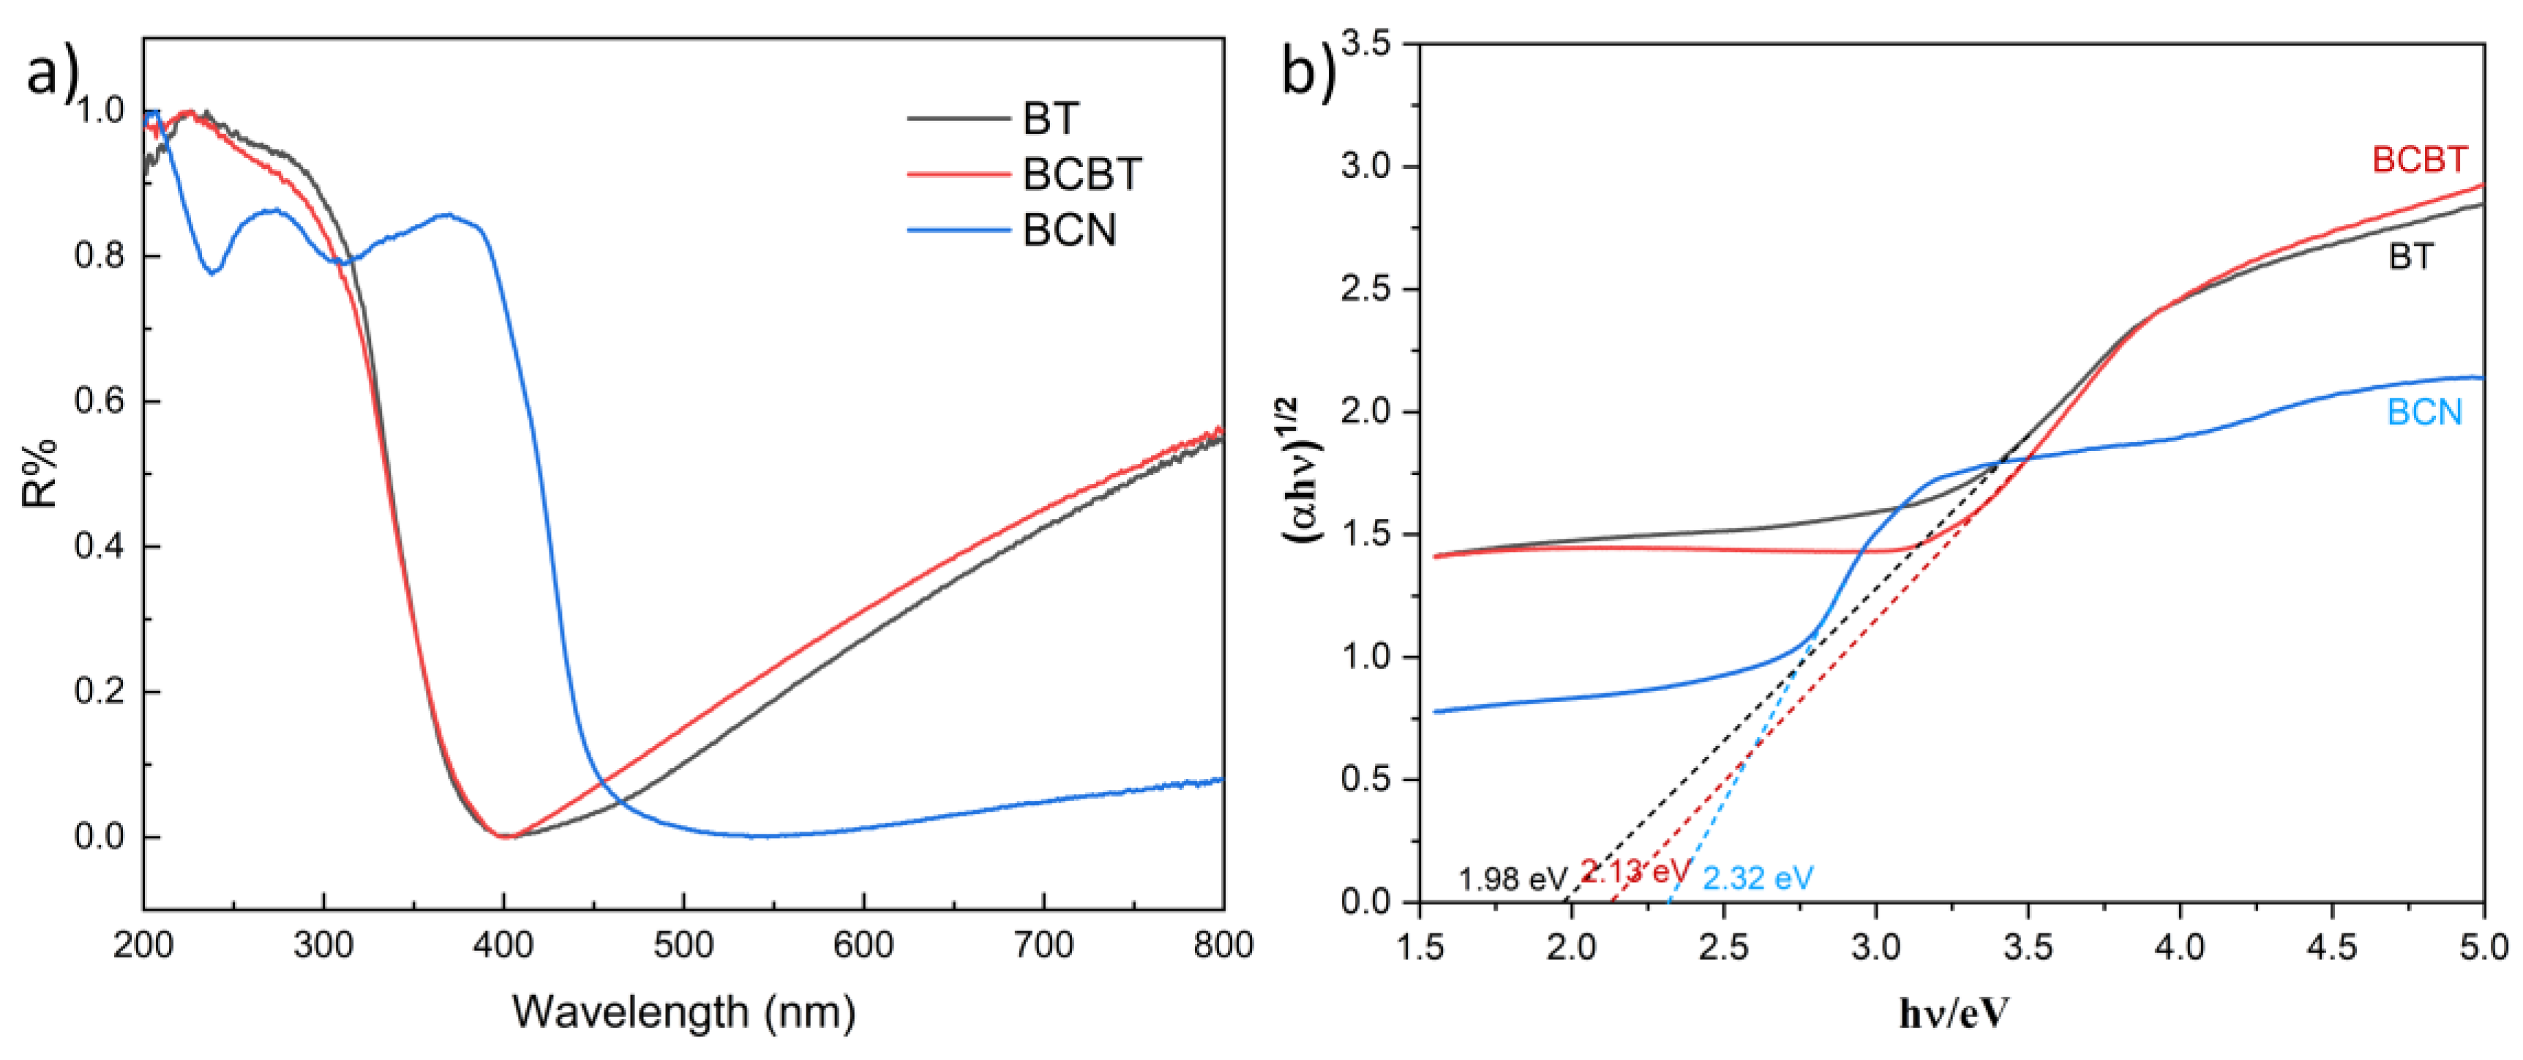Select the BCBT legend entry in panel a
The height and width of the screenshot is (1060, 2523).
1081,174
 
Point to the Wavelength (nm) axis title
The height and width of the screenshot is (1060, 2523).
683,1011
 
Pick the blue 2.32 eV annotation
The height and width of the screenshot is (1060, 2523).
1758,878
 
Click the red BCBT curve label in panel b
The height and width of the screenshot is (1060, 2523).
2418,160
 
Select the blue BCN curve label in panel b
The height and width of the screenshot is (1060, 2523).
2424,412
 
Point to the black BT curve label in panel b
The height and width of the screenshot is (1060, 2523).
2410,257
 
